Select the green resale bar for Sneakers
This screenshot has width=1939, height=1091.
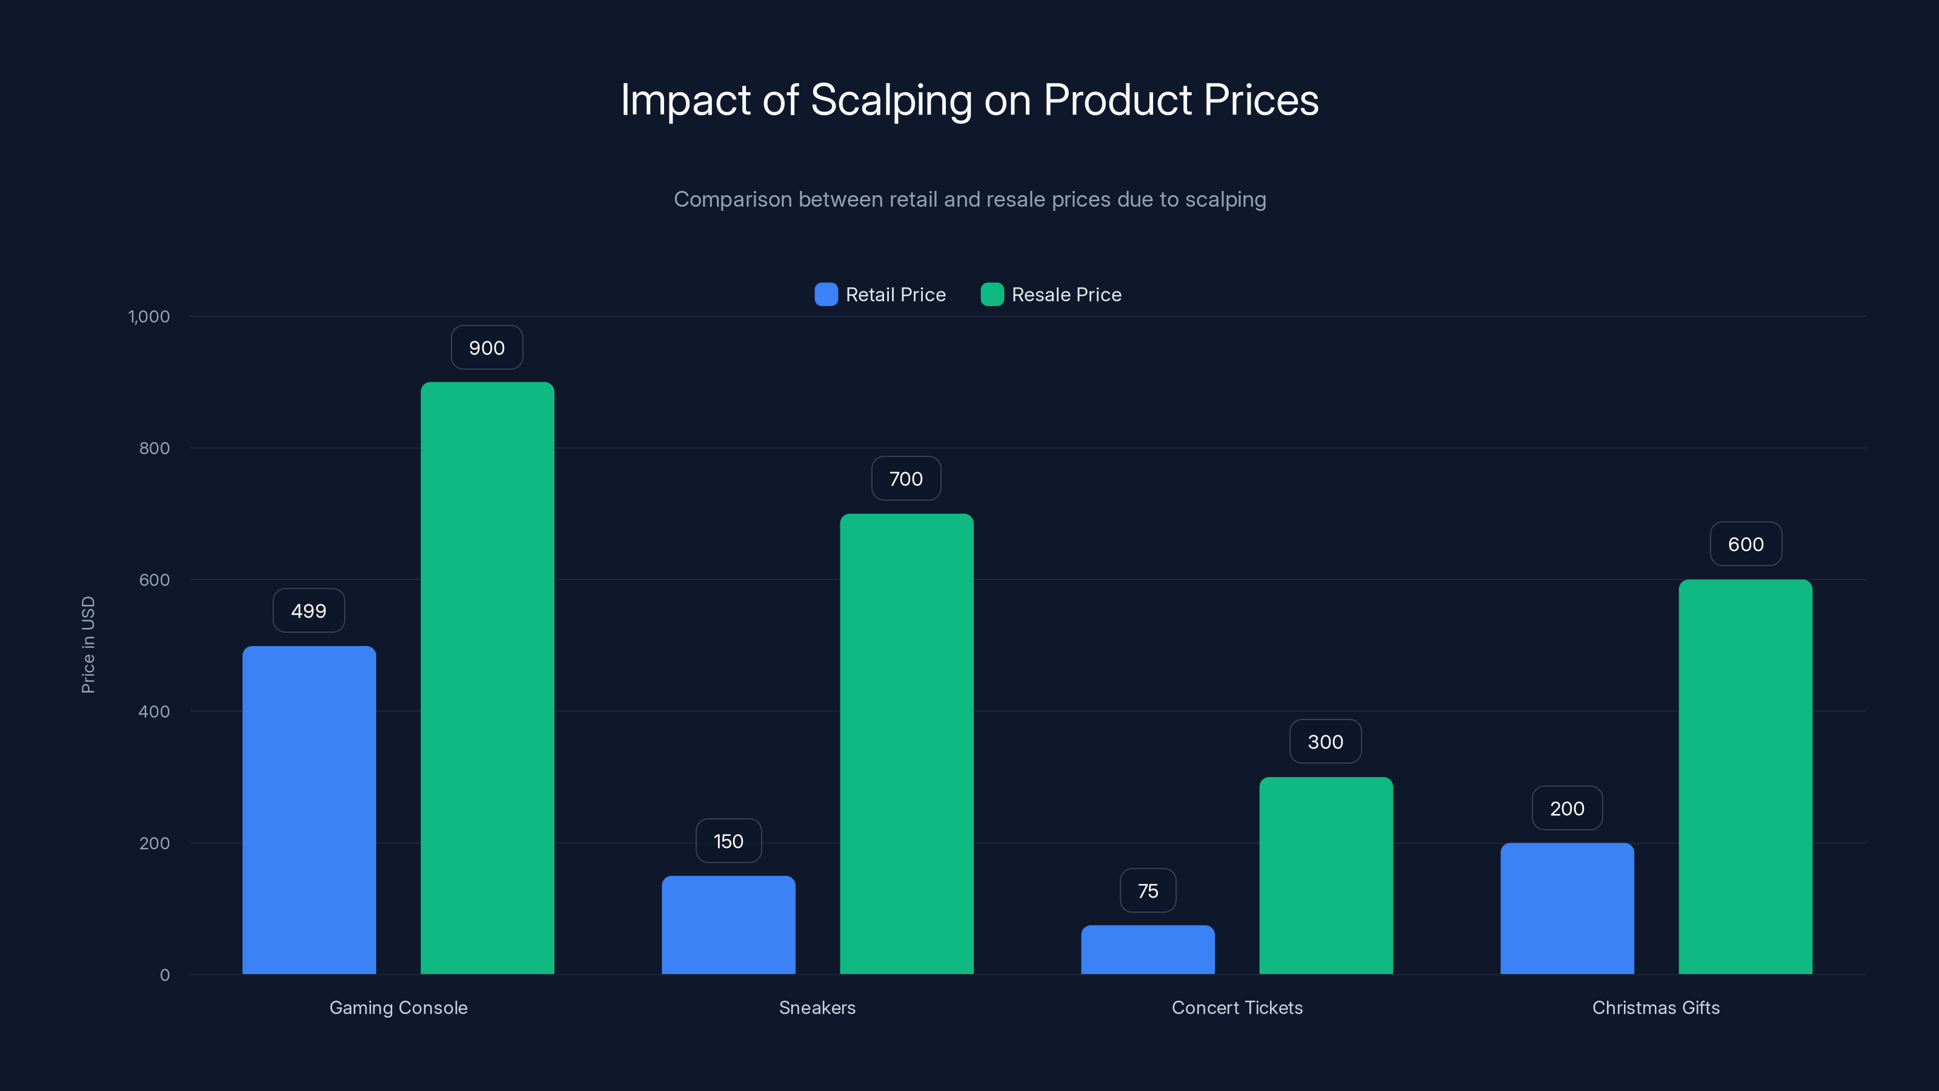click(x=906, y=744)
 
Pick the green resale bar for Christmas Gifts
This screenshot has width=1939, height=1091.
click(x=1745, y=776)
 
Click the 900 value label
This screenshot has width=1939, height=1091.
click(x=486, y=348)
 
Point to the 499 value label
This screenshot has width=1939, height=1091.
click(x=308, y=610)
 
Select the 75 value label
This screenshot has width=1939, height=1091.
click(x=1147, y=891)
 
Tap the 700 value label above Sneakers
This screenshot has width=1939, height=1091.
click(x=905, y=479)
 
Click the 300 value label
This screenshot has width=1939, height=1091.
click(x=1325, y=742)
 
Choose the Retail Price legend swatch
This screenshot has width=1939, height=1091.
click(x=826, y=295)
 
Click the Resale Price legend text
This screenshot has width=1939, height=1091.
click(x=1066, y=295)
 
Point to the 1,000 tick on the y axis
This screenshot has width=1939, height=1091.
click(x=149, y=316)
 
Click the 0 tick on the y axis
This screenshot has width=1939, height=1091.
click(x=165, y=975)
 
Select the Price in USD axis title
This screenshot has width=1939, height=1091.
click(x=88, y=644)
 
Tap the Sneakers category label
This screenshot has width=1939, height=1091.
click(x=817, y=1007)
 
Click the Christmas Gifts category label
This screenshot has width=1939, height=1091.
click(x=1655, y=1007)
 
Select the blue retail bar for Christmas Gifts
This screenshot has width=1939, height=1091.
click(x=1566, y=908)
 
